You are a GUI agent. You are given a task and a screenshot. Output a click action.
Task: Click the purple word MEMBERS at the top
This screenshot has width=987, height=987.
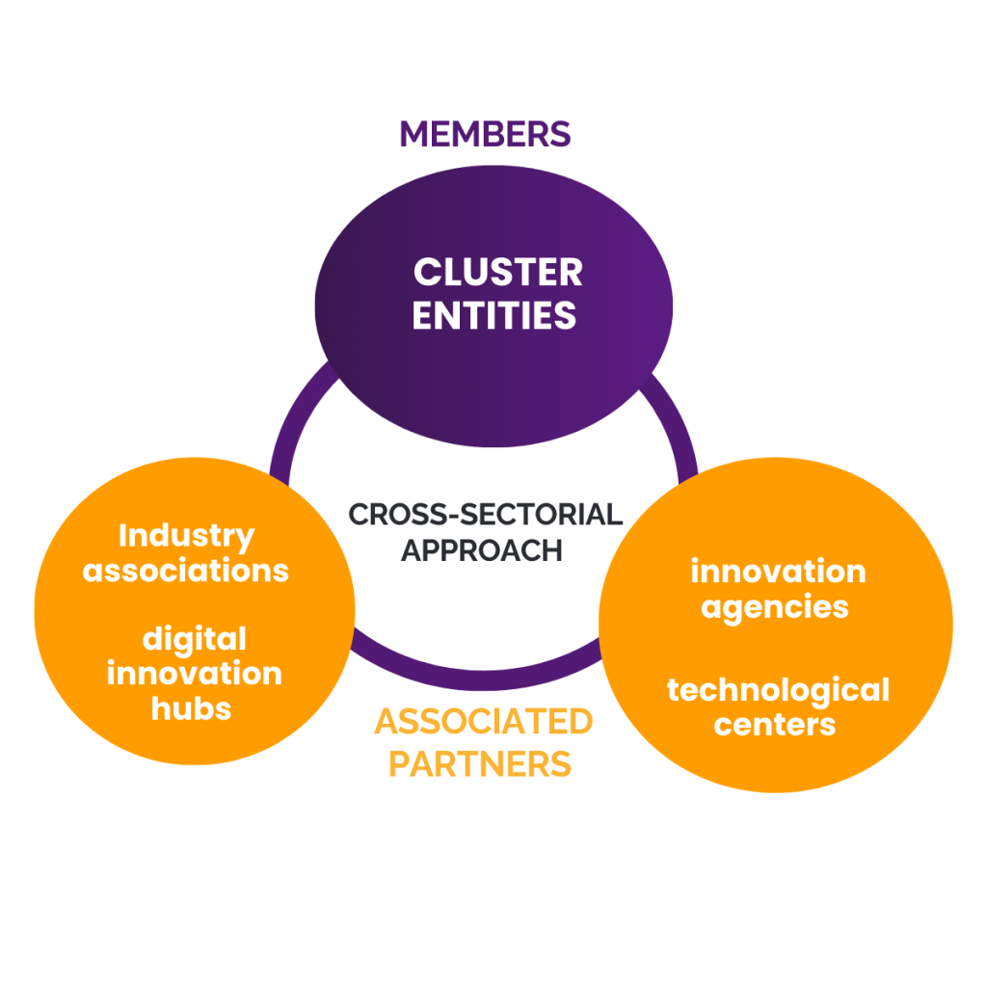(x=485, y=134)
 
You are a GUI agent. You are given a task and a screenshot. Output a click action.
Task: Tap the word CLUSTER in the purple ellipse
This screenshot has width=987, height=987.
(x=497, y=273)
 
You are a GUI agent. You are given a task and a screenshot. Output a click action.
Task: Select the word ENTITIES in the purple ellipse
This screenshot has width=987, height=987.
(x=494, y=315)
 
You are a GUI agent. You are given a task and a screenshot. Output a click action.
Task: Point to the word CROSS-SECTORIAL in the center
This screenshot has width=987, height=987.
(x=485, y=514)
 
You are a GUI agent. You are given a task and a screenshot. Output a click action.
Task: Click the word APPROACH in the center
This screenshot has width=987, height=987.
(x=481, y=549)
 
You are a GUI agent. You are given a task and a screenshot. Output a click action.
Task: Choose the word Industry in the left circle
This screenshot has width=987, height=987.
(x=186, y=535)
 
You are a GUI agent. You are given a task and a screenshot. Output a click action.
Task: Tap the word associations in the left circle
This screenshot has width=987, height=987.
(x=186, y=570)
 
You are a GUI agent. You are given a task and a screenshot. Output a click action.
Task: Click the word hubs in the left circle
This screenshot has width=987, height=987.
(x=192, y=708)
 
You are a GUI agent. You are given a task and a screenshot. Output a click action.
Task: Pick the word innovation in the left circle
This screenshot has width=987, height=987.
(x=194, y=673)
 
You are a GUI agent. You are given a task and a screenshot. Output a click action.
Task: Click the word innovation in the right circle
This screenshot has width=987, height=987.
(x=778, y=572)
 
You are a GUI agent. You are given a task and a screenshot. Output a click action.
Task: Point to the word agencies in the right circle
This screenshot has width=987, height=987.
(x=775, y=607)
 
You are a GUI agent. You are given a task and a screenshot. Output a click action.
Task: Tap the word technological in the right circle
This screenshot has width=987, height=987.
(x=778, y=690)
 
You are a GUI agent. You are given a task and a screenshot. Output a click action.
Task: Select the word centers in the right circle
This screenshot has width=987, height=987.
(x=775, y=724)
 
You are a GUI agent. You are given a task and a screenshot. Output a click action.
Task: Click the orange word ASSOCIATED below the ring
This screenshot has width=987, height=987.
(x=483, y=721)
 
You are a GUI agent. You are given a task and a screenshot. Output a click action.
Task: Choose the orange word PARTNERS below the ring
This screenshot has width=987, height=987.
(x=480, y=763)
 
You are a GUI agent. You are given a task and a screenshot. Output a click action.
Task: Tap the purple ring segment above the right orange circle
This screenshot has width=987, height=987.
(x=680, y=424)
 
